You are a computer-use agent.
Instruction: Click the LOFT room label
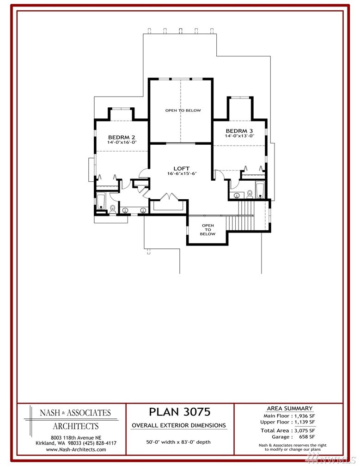point(182,168)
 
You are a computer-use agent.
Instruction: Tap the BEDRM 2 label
point(122,137)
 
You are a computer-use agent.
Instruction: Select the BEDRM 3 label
point(239,131)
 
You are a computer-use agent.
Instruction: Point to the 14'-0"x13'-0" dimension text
point(239,136)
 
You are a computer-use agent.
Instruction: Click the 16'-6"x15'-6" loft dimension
point(182,173)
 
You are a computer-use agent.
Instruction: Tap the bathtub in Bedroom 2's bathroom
point(101,201)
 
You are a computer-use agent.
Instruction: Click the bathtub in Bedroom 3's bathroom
point(260,190)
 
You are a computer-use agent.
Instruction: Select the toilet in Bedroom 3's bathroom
point(250,194)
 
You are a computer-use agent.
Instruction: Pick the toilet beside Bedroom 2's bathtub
point(113,209)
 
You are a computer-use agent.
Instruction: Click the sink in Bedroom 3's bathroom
point(237,195)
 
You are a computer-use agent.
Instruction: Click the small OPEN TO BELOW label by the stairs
point(207,230)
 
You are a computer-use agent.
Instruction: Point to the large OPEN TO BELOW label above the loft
point(183,110)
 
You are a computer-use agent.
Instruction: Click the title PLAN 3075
point(180,412)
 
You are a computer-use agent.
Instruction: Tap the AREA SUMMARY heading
point(290,408)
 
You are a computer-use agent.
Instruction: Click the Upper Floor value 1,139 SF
point(305,422)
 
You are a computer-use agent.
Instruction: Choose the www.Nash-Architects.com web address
point(76,449)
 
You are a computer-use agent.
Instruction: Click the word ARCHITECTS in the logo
point(76,426)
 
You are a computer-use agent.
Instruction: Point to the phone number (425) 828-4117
point(101,443)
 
